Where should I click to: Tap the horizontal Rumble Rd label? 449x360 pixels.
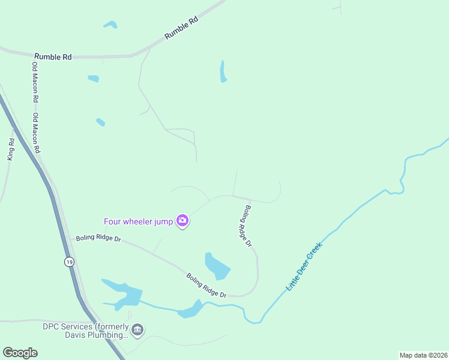coord(53,56)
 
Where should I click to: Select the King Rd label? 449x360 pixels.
coord(11,149)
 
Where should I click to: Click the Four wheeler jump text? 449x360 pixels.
coord(138,221)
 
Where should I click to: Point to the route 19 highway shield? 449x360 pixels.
coord(70,262)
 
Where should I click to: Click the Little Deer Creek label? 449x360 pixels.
coord(304,266)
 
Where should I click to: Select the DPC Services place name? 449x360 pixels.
coord(85,326)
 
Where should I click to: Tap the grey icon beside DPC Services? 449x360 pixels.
coord(139,330)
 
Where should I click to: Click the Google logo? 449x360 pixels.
coord(20,353)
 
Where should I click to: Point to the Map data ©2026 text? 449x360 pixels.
coord(423,355)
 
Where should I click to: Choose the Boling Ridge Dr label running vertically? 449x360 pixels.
coord(247,227)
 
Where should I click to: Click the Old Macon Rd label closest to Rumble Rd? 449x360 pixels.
coord(35,82)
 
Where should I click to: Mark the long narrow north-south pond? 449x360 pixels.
coord(223,71)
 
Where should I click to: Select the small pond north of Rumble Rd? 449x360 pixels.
coord(110,25)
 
